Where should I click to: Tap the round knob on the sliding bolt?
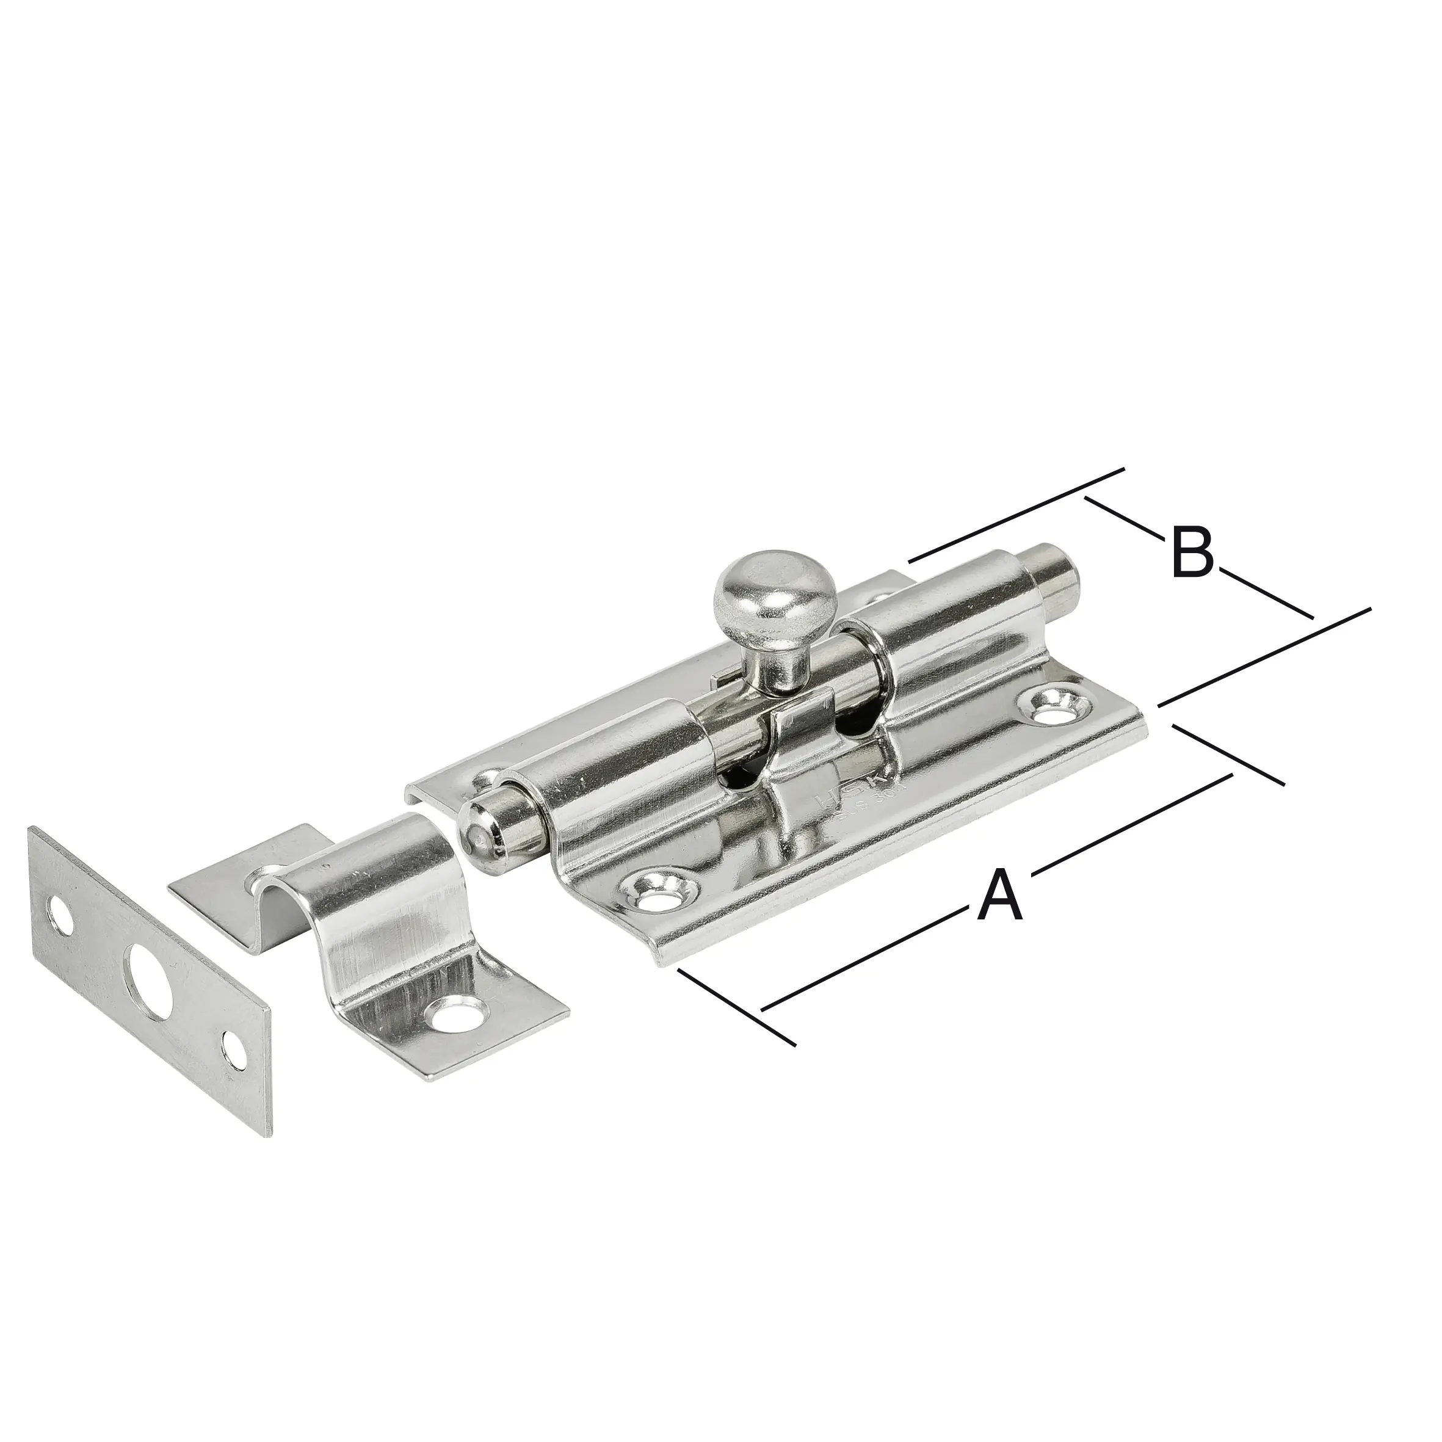[x=762, y=590]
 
